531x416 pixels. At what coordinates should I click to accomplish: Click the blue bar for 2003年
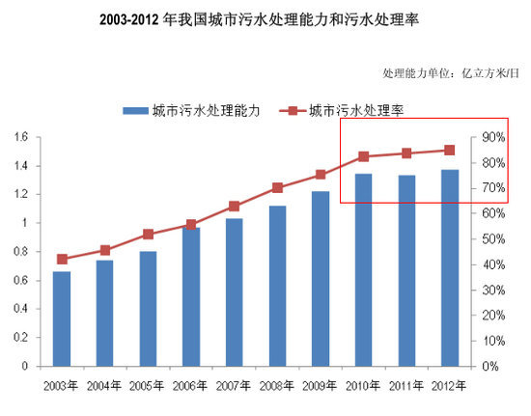(x=62, y=319)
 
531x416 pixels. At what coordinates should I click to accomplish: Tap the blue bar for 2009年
(x=320, y=279)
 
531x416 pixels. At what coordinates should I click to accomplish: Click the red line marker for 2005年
(x=148, y=234)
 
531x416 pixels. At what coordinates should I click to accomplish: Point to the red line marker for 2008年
(x=277, y=187)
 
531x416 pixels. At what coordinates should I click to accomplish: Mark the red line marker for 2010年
(x=363, y=156)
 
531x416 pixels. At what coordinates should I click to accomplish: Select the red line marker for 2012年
(x=449, y=150)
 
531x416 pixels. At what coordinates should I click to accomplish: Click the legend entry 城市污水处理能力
(x=193, y=111)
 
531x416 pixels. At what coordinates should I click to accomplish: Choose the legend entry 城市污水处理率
(x=356, y=111)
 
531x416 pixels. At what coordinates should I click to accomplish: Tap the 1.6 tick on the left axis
(x=20, y=137)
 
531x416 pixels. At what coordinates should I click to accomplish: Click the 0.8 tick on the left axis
(x=20, y=252)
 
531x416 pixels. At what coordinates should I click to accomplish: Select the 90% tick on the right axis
(x=493, y=137)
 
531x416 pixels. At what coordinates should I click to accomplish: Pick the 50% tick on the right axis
(x=493, y=238)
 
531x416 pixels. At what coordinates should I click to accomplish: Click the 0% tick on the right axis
(x=489, y=367)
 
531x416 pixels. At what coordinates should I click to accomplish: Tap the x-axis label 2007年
(x=234, y=386)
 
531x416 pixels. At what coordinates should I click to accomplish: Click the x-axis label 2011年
(x=405, y=386)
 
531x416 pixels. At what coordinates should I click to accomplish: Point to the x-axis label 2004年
(x=105, y=386)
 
